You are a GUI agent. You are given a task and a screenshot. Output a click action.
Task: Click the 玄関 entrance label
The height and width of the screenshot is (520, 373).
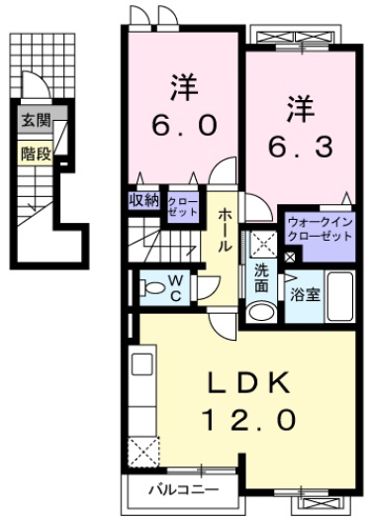click(33, 123)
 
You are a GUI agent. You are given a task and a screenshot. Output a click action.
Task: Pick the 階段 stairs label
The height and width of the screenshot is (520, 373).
click(33, 153)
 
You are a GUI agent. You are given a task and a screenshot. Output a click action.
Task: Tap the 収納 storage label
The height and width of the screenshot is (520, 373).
click(143, 201)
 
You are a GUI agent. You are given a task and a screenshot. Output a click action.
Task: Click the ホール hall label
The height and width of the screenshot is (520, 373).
click(227, 230)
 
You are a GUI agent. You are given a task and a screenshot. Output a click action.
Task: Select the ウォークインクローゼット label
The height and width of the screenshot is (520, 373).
click(319, 231)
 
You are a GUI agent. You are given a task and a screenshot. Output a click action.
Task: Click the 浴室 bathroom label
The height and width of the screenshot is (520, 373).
click(303, 294)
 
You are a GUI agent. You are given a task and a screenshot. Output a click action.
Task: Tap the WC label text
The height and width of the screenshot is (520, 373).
click(173, 288)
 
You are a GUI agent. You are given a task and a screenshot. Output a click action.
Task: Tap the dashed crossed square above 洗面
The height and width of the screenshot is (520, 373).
click(262, 242)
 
